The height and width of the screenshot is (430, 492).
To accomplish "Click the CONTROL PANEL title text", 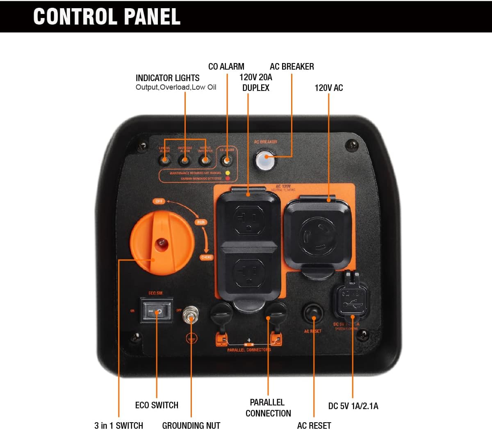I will (x=107, y=16).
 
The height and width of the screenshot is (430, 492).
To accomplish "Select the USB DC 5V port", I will (x=352, y=302).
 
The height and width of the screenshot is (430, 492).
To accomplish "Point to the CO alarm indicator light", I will (x=227, y=160).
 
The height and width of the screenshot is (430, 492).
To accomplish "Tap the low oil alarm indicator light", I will (x=165, y=160).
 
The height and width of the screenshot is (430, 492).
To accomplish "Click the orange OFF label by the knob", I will (x=159, y=201).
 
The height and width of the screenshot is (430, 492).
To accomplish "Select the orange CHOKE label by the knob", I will (x=207, y=257).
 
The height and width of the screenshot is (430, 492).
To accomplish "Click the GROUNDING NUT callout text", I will (x=191, y=425).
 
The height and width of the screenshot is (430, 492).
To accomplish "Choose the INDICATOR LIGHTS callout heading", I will (x=167, y=78).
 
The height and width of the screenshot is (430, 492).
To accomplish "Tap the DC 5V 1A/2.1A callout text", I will (x=353, y=406).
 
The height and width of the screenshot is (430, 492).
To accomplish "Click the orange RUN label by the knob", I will (x=201, y=222).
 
